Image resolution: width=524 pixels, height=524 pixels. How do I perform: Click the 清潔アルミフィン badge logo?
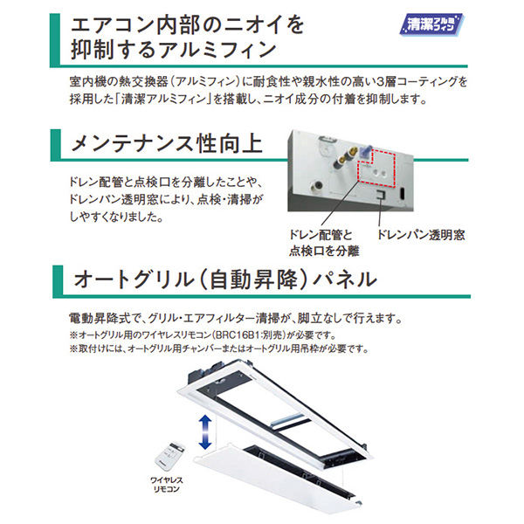pos(431,24)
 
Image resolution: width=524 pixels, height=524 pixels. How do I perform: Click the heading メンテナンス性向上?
pos(167,144)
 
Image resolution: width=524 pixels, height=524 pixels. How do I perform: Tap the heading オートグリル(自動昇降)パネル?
pos(225,279)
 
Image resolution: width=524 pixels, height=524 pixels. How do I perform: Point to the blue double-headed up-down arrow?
pos(205,432)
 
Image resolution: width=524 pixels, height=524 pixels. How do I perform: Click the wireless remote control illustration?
pos(170,456)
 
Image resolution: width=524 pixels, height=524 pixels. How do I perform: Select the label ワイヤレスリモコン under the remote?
pos(167,485)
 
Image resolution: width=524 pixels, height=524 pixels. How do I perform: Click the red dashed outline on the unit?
pos(377,168)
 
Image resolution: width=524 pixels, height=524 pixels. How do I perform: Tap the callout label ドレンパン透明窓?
pos(421,235)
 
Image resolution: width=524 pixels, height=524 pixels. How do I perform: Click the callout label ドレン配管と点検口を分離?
pos(324,243)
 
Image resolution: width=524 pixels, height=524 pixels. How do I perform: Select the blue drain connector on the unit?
pos(366,149)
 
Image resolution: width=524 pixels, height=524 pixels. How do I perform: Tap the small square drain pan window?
pos(380,194)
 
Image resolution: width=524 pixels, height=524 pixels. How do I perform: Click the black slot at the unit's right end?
pos(403,194)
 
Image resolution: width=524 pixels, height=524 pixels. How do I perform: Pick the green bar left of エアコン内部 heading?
pos(55,39)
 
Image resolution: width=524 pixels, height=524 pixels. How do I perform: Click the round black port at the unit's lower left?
pos(317,185)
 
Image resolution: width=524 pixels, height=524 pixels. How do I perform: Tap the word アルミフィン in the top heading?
pos(217,50)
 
